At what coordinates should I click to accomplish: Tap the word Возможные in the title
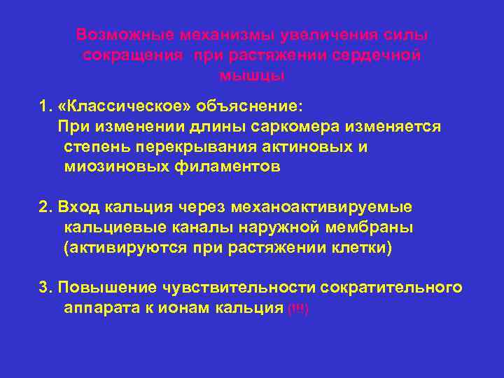coord(125,35)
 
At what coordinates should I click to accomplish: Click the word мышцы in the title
coord(252,74)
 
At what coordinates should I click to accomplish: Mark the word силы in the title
coord(408,35)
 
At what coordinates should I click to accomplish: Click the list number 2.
coord(45,207)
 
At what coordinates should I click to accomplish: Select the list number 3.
coord(45,288)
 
